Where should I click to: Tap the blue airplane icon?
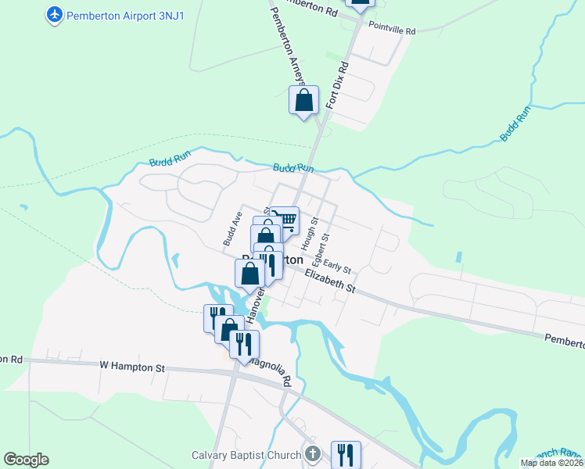point(55,15)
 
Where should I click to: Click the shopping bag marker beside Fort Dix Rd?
point(304,101)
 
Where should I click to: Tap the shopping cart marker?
point(286,220)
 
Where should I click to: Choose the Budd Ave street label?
point(232,228)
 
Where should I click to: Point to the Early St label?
point(337,267)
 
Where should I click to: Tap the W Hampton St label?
point(133,365)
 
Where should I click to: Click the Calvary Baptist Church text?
point(246,455)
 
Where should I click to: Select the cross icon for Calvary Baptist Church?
point(313,454)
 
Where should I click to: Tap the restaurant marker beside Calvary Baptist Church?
point(345,454)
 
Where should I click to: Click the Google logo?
point(26,460)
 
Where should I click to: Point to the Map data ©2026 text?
point(551,463)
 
